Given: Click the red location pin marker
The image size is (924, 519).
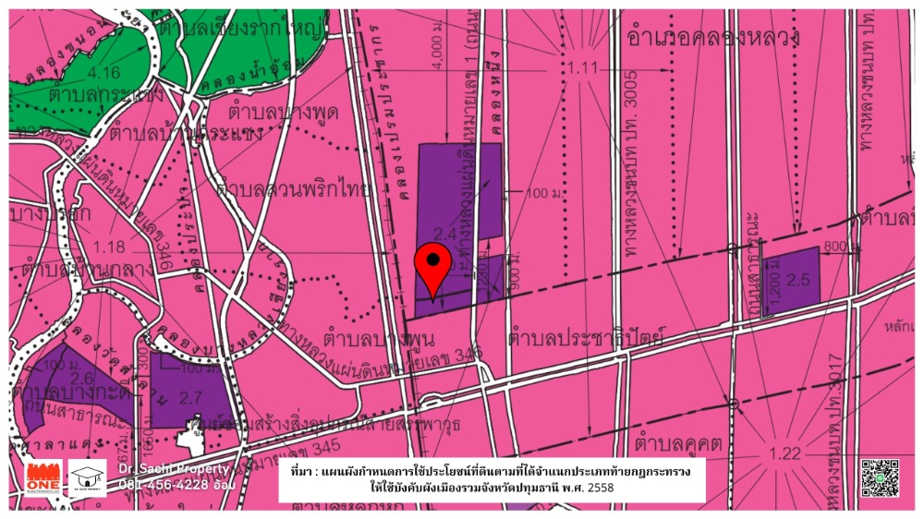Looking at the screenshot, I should coord(432,269).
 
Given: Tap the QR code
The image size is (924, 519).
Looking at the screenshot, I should coord(880,477).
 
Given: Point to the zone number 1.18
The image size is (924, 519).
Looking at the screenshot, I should coord(108,247).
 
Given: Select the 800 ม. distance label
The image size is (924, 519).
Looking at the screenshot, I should coord(835,247).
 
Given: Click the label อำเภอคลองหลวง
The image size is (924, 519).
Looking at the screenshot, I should coord(711,37).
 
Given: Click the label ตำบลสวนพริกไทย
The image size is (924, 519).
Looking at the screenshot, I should coord(292,190).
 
